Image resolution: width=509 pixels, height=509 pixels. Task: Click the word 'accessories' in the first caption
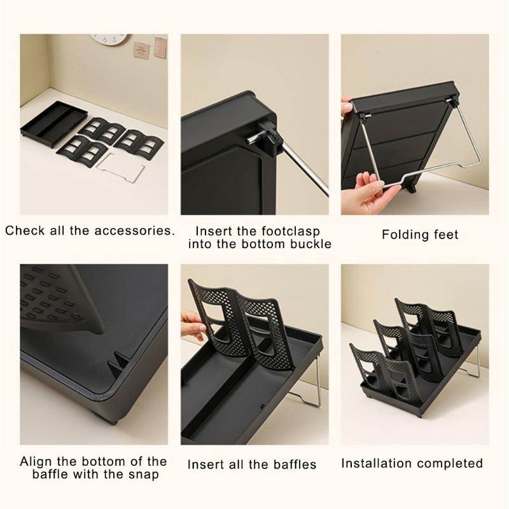click(131, 230)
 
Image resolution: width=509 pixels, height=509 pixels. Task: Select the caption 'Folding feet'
click(420, 235)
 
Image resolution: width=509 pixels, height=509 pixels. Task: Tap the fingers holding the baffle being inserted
click(189, 317)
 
